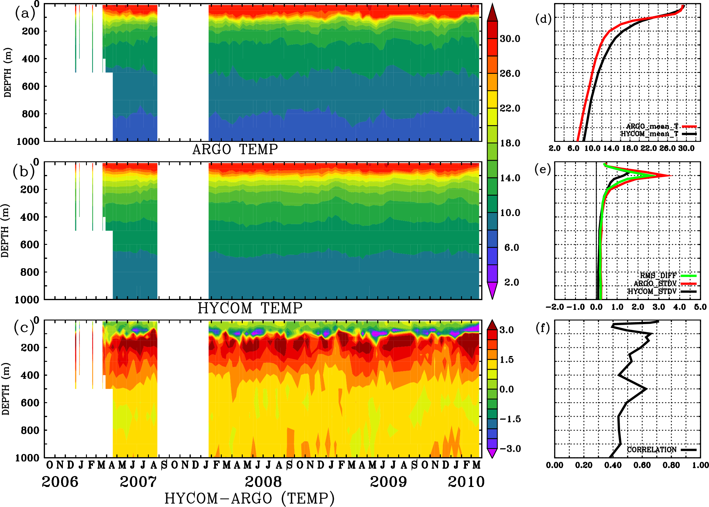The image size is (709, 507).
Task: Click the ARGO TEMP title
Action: (x=235, y=149)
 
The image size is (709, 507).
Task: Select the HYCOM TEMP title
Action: (x=250, y=308)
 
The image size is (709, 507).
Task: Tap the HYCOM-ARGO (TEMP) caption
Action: (x=249, y=498)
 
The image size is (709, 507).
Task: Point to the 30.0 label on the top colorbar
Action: (x=510, y=39)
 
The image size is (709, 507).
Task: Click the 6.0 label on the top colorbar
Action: (x=511, y=248)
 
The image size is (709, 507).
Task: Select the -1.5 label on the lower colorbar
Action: (x=510, y=419)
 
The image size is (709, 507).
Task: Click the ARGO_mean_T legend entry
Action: (x=652, y=126)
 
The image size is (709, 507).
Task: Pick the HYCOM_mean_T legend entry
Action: (x=649, y=134)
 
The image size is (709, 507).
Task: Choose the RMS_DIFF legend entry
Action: (x=658, y=276)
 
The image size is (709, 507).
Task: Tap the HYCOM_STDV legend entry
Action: (x=652, y=291)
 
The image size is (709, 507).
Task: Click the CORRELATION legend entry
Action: (x=652, y=450)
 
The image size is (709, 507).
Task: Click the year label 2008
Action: (x=263, y=482)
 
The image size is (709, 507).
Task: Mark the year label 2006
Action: (x=60, y=482)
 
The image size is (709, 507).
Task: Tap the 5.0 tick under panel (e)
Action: (x=700, y=307)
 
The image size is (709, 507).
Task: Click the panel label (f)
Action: (x=543, y=328)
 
